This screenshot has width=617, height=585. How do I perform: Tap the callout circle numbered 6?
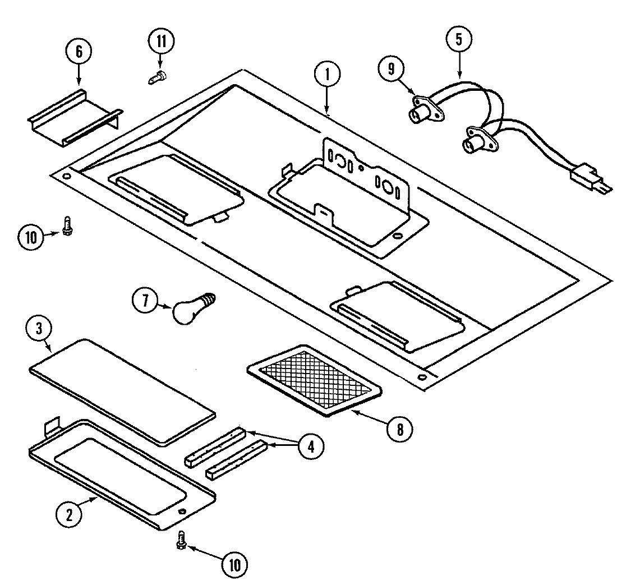[x=78, y=52]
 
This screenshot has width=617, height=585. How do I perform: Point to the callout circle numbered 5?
[x=459, y=40]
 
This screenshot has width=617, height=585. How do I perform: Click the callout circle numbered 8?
[x=400, y=429]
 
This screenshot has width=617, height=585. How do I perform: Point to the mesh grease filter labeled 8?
[x=314, y=379]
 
